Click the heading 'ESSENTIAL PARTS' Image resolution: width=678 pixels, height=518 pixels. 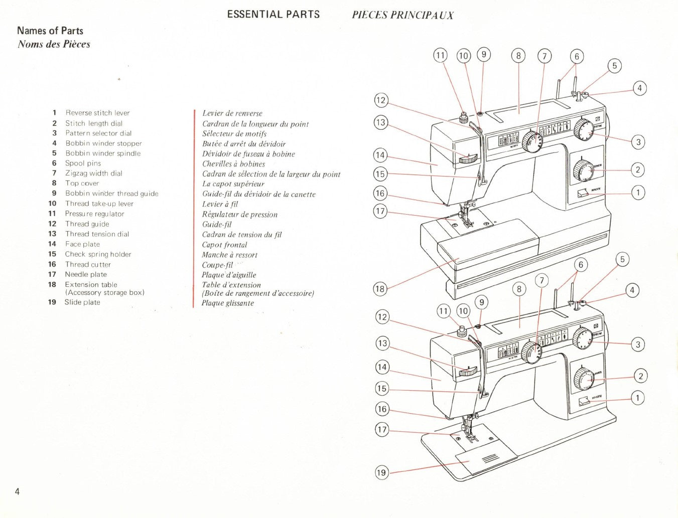coord(273,14)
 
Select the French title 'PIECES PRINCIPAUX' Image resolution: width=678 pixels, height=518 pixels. coord(402,15)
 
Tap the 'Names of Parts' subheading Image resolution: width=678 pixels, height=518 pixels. coord(50,31)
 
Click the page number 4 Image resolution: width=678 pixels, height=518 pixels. coord(17,491)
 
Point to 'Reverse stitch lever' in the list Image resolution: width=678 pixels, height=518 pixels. coord(97,113)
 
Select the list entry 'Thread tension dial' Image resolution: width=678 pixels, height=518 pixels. coord(97,234)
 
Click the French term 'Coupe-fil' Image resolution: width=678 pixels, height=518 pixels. coord(217,265)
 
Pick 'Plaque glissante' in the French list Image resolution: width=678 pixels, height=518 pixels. coord(228,303)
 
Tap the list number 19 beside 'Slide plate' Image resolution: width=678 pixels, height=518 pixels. coord(52,302)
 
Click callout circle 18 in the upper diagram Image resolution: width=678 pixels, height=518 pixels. coord(380,288)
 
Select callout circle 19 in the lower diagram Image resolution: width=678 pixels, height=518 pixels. coord(381,472)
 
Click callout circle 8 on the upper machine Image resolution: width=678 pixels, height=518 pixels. coord(518,55)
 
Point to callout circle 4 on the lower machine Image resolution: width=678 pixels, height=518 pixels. coord(632,290)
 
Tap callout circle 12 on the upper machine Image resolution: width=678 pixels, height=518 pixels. coord(381,100)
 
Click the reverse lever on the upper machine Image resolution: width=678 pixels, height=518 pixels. coord(582,193)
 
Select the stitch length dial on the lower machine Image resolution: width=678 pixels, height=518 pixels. coord(583,378)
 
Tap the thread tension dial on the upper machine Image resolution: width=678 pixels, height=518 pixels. coord(468,159)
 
